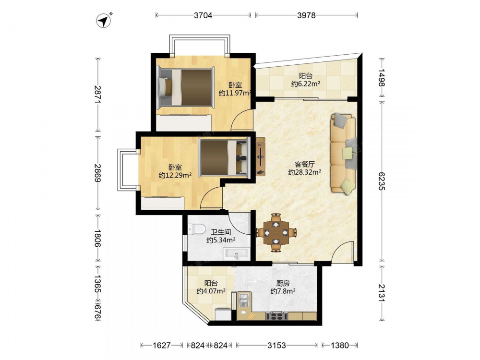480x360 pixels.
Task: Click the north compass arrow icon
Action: [104, 21]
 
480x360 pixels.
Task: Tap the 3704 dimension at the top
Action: [203, 15]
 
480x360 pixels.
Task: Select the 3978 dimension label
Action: [306, 15]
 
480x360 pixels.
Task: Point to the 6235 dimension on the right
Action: [382, 181]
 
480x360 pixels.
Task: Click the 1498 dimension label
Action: [382, 77]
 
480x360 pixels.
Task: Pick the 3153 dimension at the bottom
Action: [276, 345]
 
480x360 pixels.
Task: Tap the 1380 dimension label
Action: [339, 345]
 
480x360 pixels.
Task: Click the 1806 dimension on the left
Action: [97, 238]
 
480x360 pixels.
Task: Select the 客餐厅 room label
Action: [305, 164]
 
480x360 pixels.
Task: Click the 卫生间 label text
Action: [221, 232]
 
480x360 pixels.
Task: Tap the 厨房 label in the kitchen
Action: [283, 284]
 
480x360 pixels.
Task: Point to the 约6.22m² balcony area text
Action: [305, 84]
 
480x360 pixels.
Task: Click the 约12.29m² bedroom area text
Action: [175, 175]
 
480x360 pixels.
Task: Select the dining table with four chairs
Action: [276, 233]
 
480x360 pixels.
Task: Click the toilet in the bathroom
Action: [196, 228]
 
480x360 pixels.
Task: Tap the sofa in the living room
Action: [343, 154]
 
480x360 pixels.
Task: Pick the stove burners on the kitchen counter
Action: [277, 316]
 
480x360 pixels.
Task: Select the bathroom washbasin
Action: [236, 255]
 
